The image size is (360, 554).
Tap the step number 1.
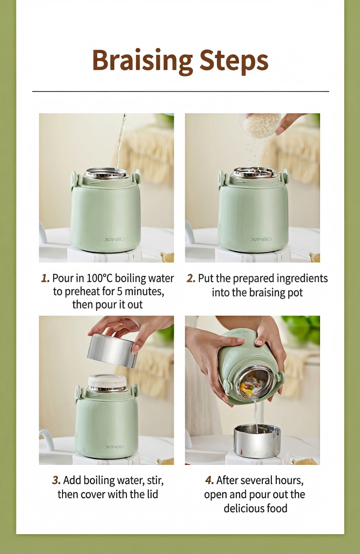click(x=45, y=278)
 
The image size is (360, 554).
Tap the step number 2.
click(x=191, y=278)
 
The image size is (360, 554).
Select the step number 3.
click(x=56, y=481)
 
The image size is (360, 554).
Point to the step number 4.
click(x=209, y=481)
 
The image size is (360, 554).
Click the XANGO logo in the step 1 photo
click(x=115, y=239)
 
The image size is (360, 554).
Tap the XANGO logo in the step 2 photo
click(x=261, y=239)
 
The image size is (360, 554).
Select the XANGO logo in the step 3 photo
click(x=115, y=447)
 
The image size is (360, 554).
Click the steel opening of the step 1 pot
click(x=106, y=173)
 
